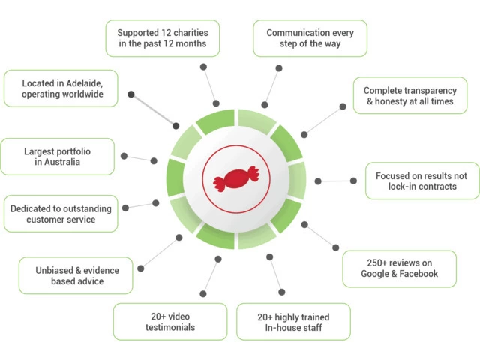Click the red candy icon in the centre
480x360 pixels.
coord(235,180)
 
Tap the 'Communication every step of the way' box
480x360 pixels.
coord(310,39)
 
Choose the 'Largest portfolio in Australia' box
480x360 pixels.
coord(58,155)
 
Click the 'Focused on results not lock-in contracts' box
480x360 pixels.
coord(421,181)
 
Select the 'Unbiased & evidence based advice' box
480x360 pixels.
coord(77,275)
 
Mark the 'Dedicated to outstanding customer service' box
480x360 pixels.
coord(61,214)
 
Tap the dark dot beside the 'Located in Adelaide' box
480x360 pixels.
coord(131,94)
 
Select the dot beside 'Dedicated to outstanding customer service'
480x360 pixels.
coord(126,208)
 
